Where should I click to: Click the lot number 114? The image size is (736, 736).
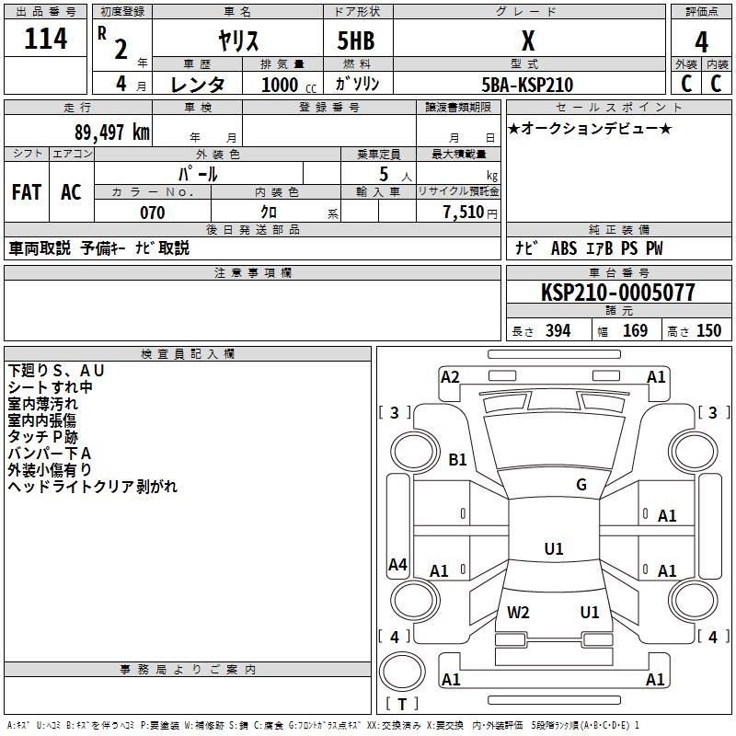pos(46,40)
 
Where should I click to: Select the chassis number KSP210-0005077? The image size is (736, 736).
pos(618,293)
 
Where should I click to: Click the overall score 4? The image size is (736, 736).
pos(701,42)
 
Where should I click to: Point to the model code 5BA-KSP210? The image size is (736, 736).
pos(527,85)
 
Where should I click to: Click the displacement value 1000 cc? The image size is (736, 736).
pos(286,86)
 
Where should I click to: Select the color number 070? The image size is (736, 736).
pos(152,213)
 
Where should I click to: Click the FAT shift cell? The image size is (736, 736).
pos(26,192)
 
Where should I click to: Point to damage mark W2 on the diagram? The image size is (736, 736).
pos(518,613)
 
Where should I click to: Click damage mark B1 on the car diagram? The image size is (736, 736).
pos(457,459)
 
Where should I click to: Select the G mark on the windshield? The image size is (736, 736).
pos(581,485)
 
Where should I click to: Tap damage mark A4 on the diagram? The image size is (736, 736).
pos(397,565)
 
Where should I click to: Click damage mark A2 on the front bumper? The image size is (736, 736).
pos(450,376)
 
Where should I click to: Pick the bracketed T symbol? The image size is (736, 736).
pos(402,705)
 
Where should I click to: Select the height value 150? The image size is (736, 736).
pos(708,331)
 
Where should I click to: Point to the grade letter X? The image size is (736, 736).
pos(527,42)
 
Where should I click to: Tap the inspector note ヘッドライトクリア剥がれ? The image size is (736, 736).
pos(93,487)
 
